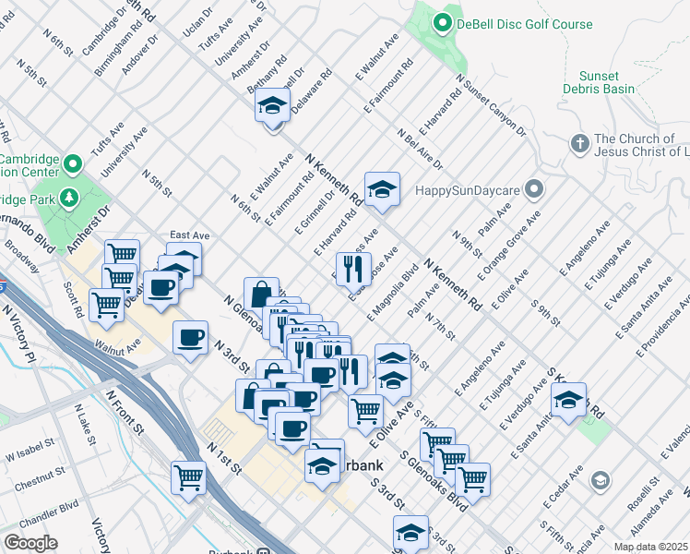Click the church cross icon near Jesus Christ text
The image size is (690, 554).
click(x=578, y=144)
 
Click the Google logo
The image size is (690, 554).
click(x=30, y=543)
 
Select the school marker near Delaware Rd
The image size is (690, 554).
click(x=272, y=106)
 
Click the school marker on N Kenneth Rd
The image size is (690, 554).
click(x=382, y=190)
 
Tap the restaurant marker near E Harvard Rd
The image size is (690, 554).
click(x=351, y=269)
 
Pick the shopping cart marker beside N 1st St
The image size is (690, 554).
click(x=189, y=477)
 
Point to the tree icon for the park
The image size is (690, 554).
click(x=69, y=197)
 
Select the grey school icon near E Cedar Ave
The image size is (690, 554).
click(x=600, y=481)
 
